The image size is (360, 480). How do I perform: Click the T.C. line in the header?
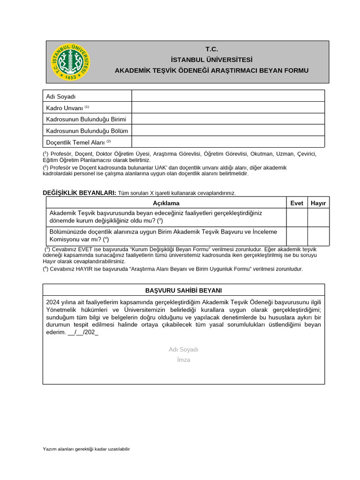tap(212, 50)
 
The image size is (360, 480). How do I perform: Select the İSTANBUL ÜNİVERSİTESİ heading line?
tap(212, 60)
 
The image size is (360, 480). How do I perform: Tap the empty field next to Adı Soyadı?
tap(228, 96)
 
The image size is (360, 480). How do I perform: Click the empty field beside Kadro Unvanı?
tap(228, 107)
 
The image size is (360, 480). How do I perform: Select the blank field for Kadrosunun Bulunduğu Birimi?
tap(228, 119)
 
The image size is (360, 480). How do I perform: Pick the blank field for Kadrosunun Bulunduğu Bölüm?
tap(228, 130)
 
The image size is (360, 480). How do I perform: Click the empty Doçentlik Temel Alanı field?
tap(228, 142)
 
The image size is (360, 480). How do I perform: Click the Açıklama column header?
tap(166, 203)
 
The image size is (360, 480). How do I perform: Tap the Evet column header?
tap(297, 203)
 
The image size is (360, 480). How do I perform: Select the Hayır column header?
tap(318, 203)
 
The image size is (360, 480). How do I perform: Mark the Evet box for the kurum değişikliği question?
tap(297, 217)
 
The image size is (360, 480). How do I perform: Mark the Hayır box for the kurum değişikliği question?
tap(318, 217)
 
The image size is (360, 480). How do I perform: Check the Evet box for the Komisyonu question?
tap(297, 236)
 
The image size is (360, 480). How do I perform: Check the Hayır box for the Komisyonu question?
tap(318, 236)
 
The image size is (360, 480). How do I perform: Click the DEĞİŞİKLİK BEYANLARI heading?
tap(79, 193)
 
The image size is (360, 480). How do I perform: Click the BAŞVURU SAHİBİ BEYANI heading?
tap(183, 290)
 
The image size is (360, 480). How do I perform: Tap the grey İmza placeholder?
tap(183, 360)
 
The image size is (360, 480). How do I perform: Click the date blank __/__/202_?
tap(83, 332)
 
